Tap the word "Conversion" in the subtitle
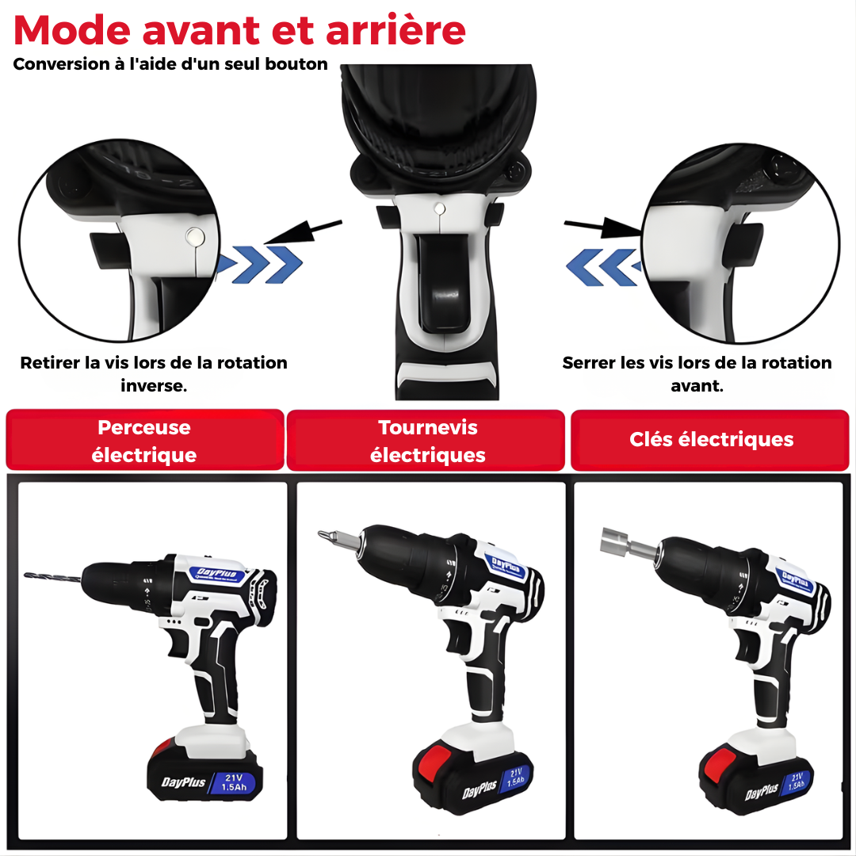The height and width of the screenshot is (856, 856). [59, 64]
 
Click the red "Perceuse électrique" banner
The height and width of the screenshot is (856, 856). [144, 441]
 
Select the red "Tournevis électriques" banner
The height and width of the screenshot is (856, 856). [428, 441]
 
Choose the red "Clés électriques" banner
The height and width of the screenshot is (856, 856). [711, 440]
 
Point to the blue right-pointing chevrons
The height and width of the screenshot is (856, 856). [260, 264]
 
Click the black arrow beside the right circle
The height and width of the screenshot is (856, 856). [602, 229]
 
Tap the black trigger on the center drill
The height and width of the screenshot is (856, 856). [441, 285]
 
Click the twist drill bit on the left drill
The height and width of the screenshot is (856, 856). [52, 576]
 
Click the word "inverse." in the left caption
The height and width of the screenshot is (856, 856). [154, 387]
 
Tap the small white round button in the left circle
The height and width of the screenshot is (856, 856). [193, 235]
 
